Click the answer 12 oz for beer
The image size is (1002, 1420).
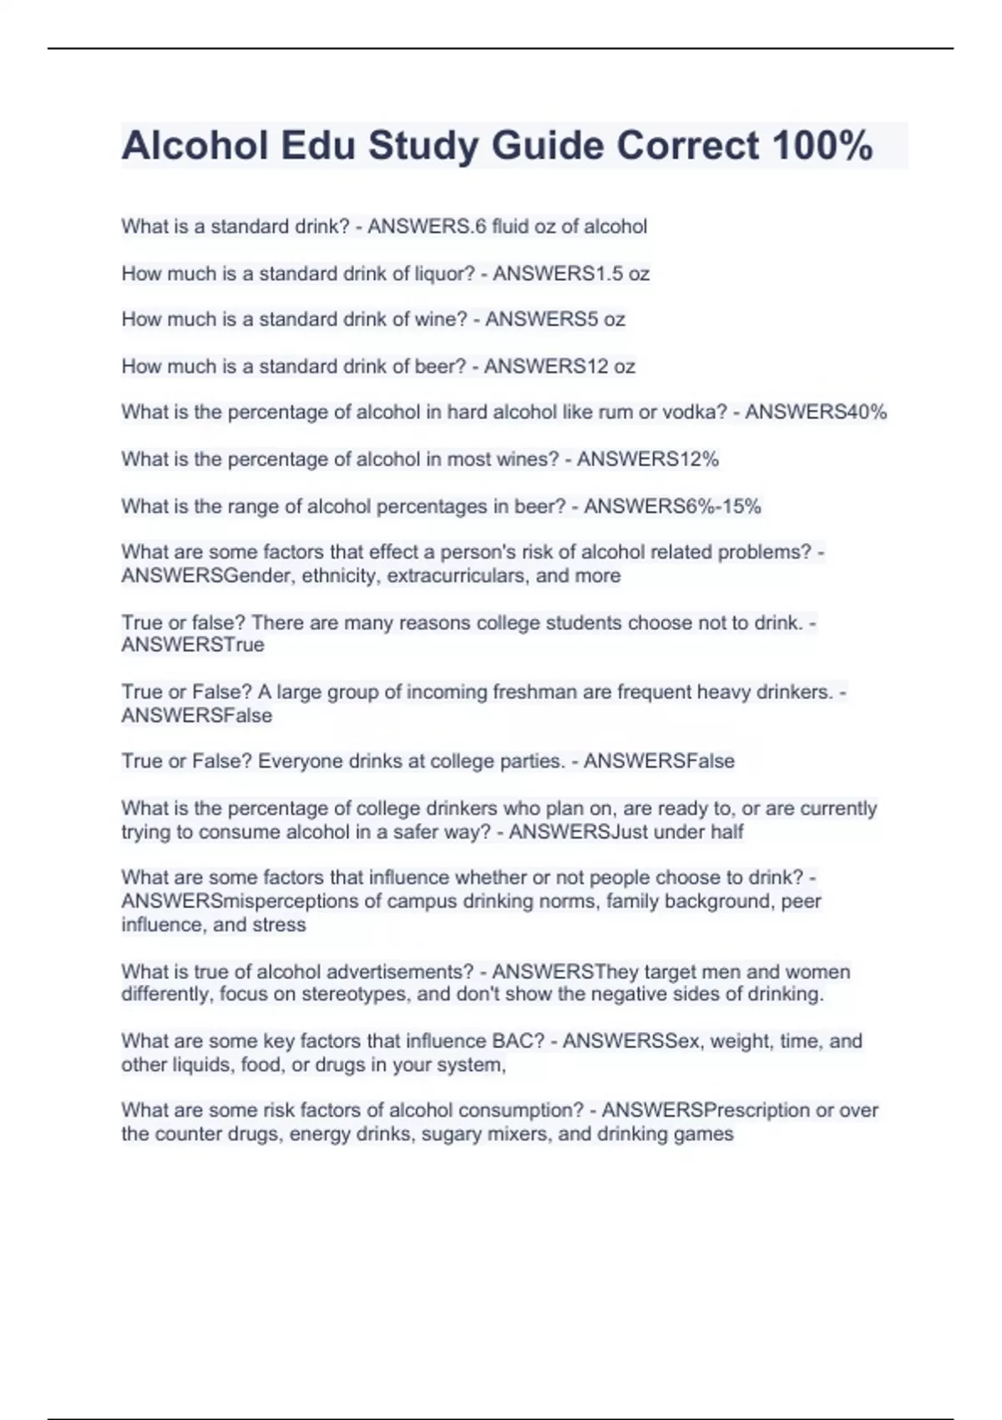tap(600, 366)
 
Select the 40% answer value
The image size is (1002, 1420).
tap(867, 412)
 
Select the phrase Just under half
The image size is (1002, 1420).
tap(677, 832)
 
